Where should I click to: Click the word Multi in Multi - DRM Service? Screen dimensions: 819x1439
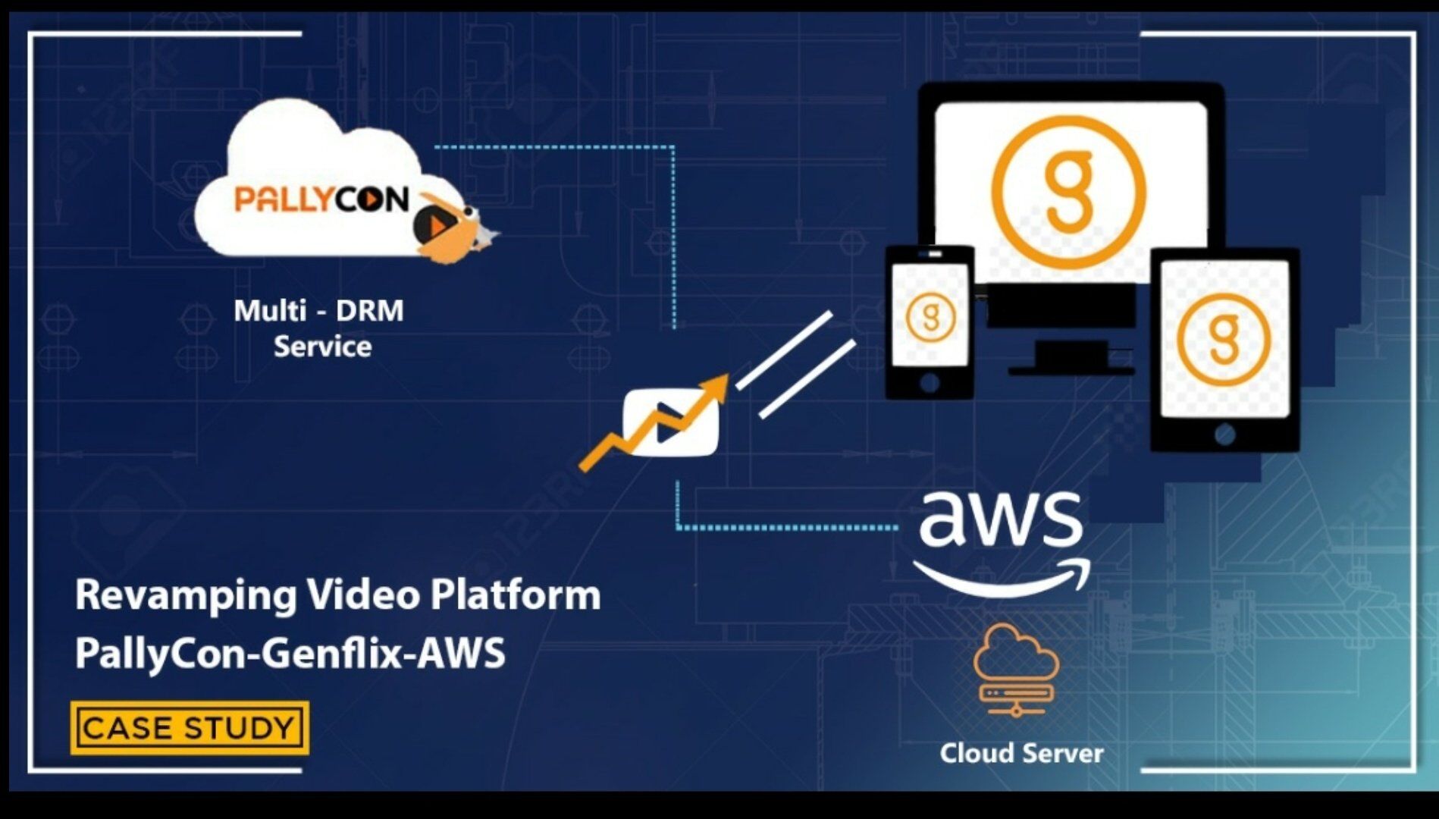click(x=269, y=311)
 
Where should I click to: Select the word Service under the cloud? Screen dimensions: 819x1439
click(x=322, y=347)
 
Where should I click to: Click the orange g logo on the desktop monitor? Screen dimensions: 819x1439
click(x=1069, y=193)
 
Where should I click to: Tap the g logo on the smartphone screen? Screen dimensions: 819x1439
click(x=930, y=317)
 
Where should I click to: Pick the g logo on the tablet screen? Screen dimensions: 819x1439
click(x=1223, y=339)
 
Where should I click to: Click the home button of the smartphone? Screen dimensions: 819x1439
click(x=930, y=382)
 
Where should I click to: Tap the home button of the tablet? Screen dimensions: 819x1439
click(x=1224, y=434)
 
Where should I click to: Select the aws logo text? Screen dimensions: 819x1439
click(x=1000, y=519)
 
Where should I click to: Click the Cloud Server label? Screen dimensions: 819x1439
click(x=1021, y=753)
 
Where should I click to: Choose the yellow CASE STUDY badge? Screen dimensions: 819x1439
click(x=189, y=728)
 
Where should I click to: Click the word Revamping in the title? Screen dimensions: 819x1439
click(x=186, y=596)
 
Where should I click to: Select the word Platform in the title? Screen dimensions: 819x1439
click(x=515, y=595)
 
